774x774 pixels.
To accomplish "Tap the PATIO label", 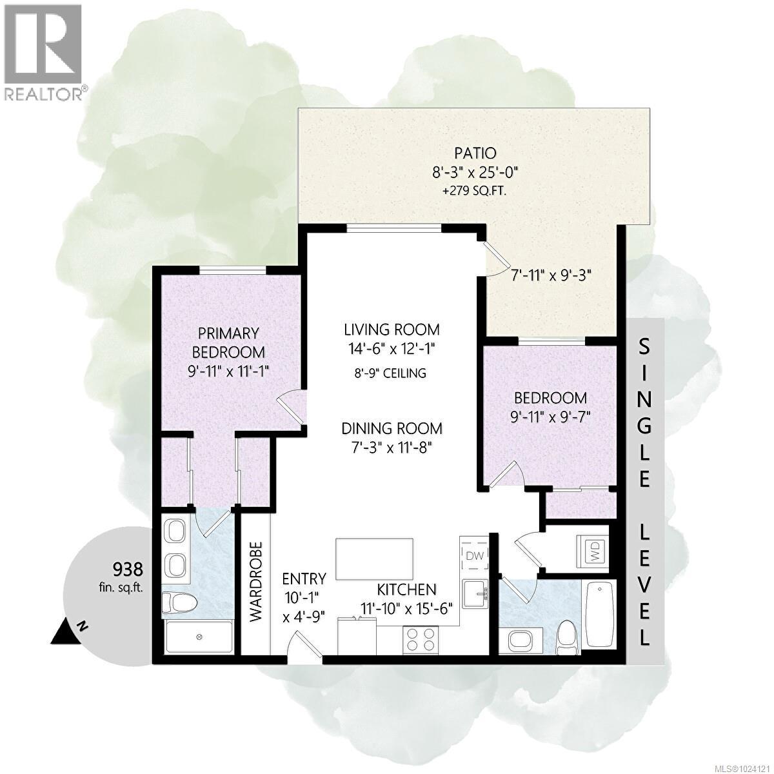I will pyautogui.click(x=475, y=154).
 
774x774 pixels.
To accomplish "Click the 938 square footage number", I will pyautogui.click(x=127, y=569).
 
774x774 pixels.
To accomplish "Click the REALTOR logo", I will pyautogui.click(x=44, y=52).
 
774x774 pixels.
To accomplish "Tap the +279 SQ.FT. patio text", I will pyautogui.click(x=475, y=190).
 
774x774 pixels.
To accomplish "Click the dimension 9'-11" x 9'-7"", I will pyautogui.click(x=550, y=416).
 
